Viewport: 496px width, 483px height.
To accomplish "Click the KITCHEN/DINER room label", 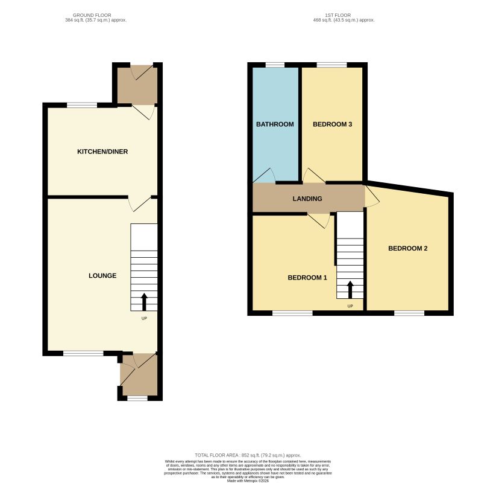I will click(x=102, y=152).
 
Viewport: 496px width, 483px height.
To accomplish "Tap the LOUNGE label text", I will click(x=102, y=275).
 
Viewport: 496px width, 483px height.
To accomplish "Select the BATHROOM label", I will click(x=275, y=124).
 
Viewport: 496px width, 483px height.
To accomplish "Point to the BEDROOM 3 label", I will click(x=332, y=124).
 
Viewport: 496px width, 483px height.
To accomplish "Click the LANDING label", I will click(x=307, y=199).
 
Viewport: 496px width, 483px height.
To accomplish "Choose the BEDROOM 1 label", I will click(x=307, y=278).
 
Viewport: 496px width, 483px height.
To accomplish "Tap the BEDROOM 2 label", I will click(x=407, y=248).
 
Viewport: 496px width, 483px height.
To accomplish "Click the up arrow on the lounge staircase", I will click(x=144, y=301).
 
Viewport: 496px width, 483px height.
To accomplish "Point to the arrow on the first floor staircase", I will click(x=350, y=289).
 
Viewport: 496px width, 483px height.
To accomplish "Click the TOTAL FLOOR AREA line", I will click(x=248, y=455).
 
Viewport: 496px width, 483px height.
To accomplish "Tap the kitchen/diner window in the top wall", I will click(x=82, y=105).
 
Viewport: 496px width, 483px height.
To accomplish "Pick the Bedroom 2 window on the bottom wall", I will click(x=409, y=313).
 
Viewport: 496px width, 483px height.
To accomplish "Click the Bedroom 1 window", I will click(x=292, y=313).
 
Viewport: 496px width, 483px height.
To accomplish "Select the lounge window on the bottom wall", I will click(x=83, y=353).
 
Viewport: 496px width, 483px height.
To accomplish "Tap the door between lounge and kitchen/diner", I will click(x=139, y=203).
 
